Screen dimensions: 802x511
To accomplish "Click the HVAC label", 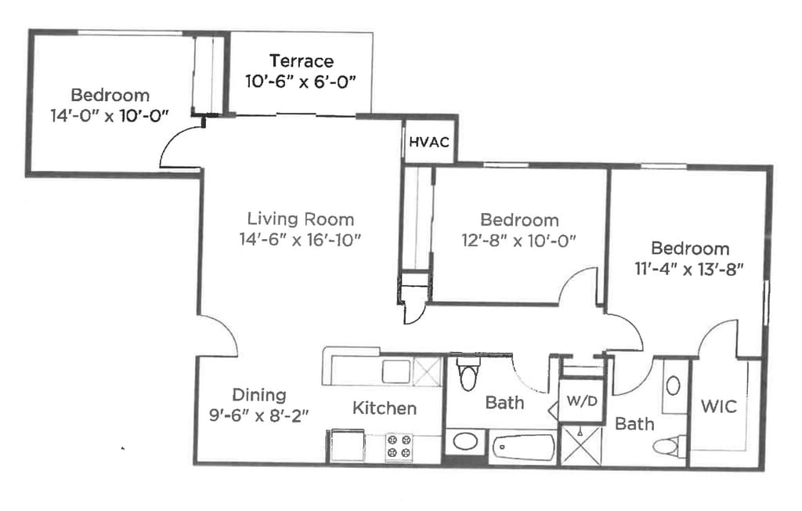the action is (428, 142).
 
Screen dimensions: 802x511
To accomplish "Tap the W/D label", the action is (582, 401).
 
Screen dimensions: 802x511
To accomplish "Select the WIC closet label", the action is (719, 407).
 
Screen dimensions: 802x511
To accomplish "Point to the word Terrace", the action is (302, 61).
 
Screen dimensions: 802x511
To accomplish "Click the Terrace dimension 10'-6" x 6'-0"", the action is (300, 82).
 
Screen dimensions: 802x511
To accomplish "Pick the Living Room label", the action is (301, 219).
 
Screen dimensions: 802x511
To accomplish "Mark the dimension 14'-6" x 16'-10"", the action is (300, 239).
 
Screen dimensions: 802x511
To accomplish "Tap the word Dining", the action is (258, 395).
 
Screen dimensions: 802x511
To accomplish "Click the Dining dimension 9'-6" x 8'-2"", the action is (258, 415).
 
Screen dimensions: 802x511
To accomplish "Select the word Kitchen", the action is (385, 408).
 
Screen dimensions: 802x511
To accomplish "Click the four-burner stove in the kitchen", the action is (399, 445).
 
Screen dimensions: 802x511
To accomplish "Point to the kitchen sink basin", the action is (396, 371).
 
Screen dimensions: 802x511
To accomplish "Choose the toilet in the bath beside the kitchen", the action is (468, 373).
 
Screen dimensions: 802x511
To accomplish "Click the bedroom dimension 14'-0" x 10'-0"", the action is (110, 115).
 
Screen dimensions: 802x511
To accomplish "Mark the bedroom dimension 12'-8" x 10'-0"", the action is (518, 240).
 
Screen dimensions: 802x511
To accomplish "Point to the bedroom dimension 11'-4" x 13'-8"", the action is (689, 268).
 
